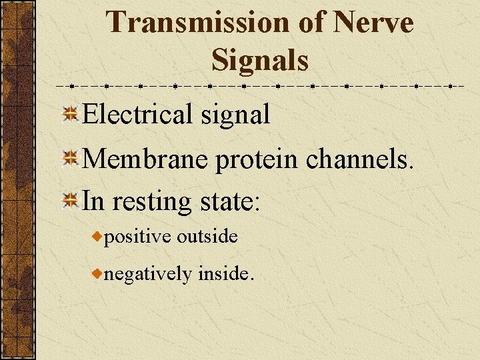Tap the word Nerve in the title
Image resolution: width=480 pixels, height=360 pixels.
coord(373,23)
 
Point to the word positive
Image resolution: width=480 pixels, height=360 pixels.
coord(137,237)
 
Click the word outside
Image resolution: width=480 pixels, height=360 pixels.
coord(207,236)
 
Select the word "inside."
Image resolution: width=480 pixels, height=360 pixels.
coord(226,273)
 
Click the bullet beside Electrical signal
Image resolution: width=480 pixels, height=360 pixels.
coord(69,115)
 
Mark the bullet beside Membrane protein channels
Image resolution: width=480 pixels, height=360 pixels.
coord(69,159)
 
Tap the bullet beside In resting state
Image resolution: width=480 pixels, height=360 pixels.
coord(69,199)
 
